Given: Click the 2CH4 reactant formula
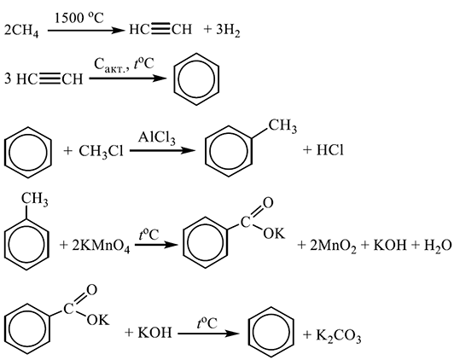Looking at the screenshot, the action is coord(21,31).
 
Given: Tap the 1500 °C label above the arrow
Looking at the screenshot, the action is coord(79,18).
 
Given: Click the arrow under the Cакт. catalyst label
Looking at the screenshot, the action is coord(128,78).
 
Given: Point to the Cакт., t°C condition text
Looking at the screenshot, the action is coord(124,65).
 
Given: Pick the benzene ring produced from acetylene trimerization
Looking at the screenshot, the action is coord(196,79).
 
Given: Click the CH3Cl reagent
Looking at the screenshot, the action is coord(101,152).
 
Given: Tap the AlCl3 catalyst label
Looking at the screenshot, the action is coord(156,137).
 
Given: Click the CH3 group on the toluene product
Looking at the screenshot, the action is coord(282,126).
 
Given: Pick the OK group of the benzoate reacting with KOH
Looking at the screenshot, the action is coord(98,320).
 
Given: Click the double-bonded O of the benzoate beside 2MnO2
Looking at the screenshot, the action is coord(268,203).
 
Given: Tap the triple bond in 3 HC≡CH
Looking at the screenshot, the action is coord(49,79).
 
